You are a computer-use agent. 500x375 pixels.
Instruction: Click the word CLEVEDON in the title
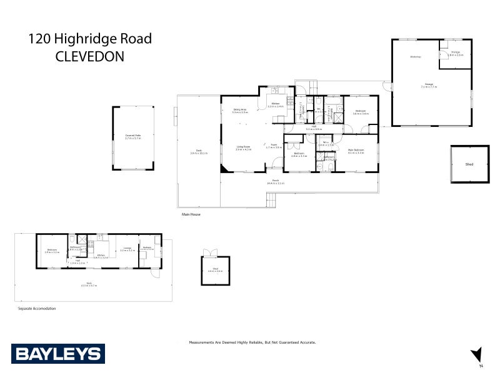[x=90, y=56]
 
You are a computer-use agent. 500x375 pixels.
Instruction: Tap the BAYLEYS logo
[x=57, y=354]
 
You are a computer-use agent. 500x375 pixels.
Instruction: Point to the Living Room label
[x=243, y=147]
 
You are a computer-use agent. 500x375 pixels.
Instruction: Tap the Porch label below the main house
[x=275, y=181]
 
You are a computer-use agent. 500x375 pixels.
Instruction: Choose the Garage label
[x=429, y=84]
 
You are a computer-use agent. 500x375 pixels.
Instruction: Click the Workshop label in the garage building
[x=416, y=57]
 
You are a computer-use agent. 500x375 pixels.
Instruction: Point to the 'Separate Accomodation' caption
[x=36, y=309]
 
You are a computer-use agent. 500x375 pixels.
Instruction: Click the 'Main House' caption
[x=190, y=214]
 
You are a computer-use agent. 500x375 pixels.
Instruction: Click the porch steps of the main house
[x=271, y=200]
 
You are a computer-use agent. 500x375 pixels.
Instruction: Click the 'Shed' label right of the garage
[x=469, y=164]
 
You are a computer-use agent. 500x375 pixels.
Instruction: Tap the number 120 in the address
[x=40, y=39]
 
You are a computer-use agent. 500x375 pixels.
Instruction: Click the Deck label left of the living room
[x=199, y=152]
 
